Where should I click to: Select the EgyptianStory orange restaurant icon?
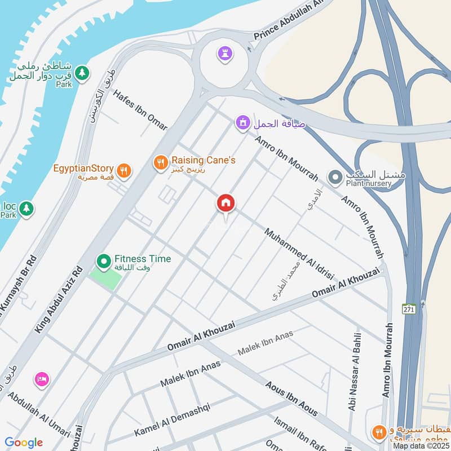pyautogui.click(x=124, y=170)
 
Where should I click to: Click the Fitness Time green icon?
pyautogui.click(x=103, y=262)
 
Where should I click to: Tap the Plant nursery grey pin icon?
pyautogui.click(x=336, y=178)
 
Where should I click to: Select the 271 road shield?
pyautogui.click(x=409, y=309)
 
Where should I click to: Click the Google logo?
pyautogui.click(x=24, y=443)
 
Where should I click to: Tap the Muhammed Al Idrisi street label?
pyautogui.click(x=299, y=253)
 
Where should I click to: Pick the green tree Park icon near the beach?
pyautogui.click(x=82, y=73)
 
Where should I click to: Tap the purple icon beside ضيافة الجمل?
pyautogui.click(x=243, y=122)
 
